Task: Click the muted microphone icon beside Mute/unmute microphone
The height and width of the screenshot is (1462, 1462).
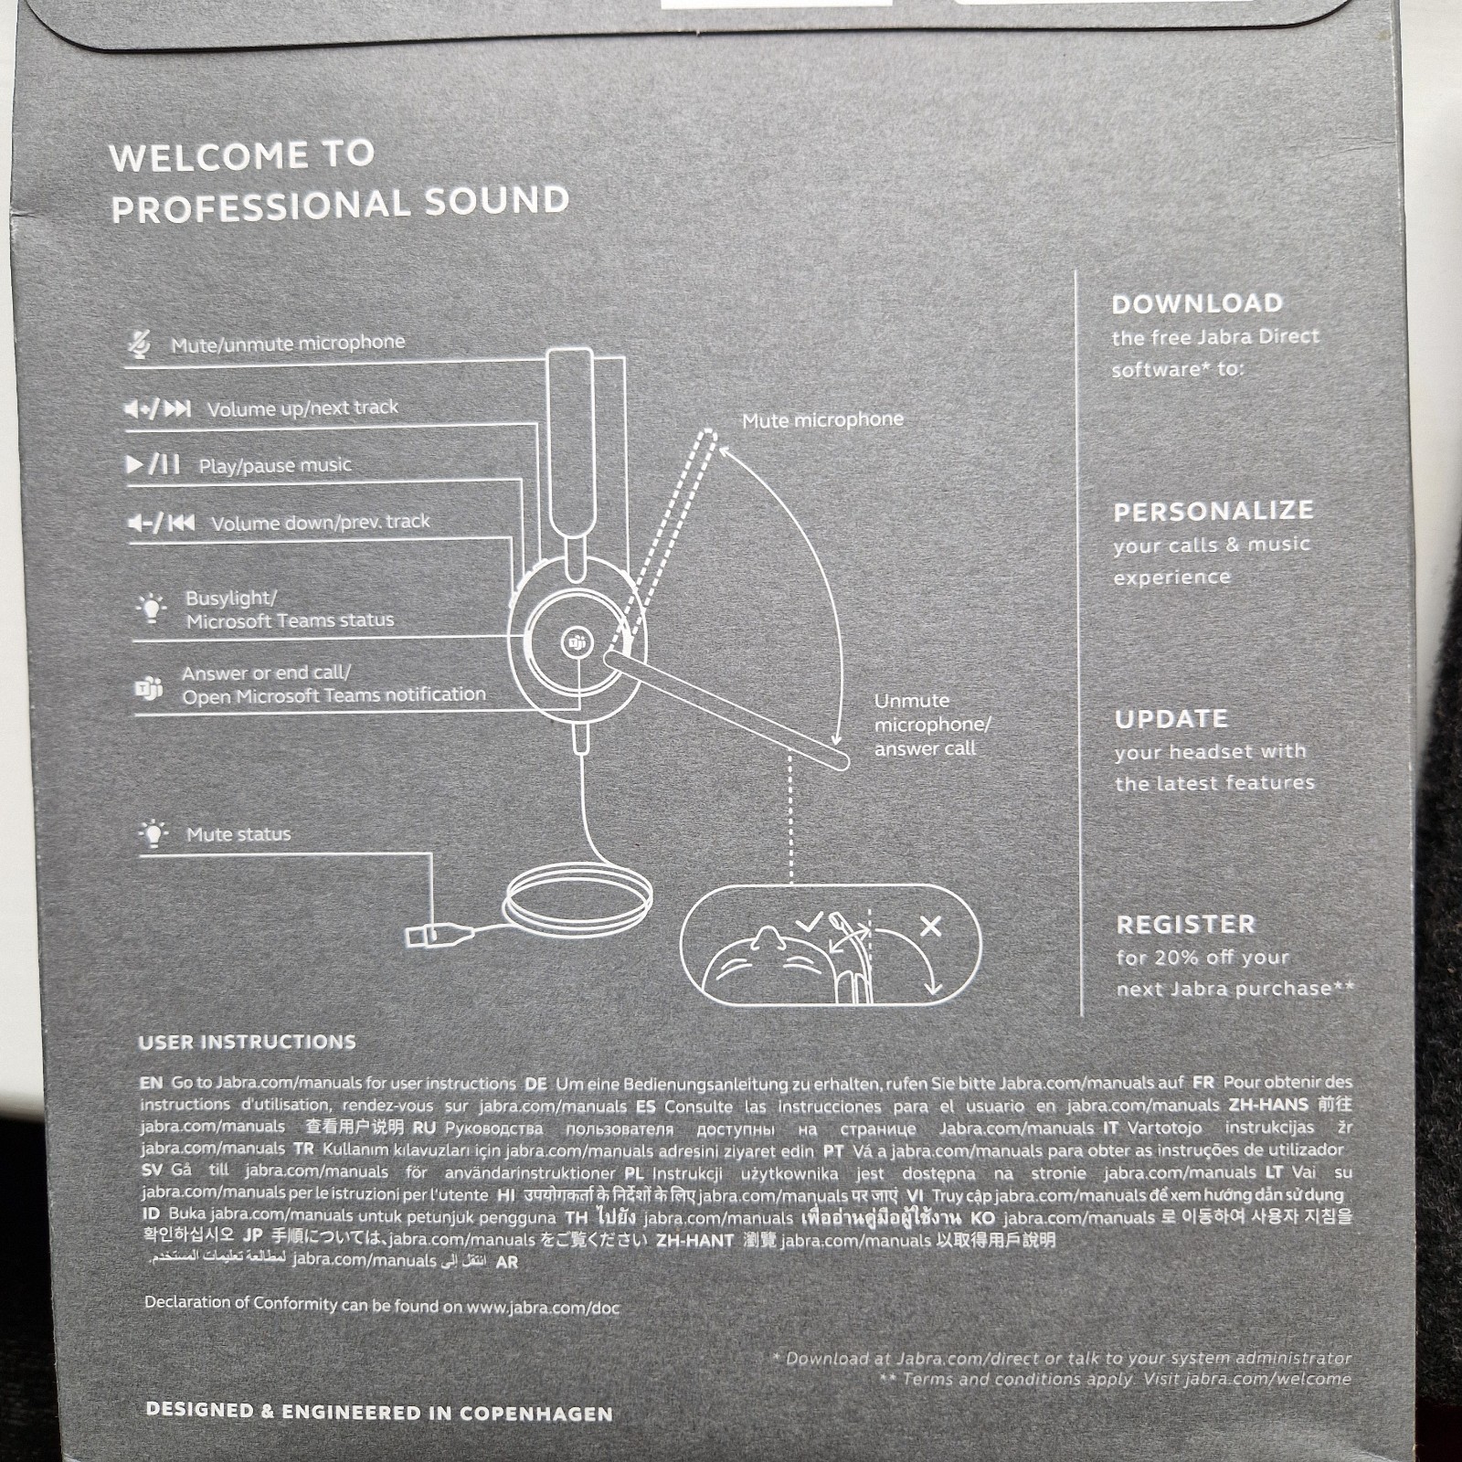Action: pyautogui.click(x=139, y=344)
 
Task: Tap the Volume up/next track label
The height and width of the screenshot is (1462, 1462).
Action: pyautogui.click(x=302, y=408)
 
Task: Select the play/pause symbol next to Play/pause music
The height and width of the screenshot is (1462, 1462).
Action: pyautogui.click(x=153, y=464)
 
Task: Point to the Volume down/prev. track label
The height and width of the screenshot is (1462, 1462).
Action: pyautogui.click(x=320, y=523)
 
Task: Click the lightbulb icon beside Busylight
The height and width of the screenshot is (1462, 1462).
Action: pyautogui.click(x=152, y=608)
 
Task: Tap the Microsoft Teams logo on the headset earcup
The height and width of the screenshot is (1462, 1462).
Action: pyautogui.click(x=577, y=643)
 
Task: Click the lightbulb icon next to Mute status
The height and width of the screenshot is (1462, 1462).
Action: pyautogui.click(x=154, y=833)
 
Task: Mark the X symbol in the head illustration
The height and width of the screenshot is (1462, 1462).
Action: pyautogui.click(x=930, y=927)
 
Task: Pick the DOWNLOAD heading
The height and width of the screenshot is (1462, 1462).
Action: pyautogui.click(x=1197, y=303)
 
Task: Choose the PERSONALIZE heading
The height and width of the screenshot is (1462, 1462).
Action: pyautogui.click(x=1213, y=511)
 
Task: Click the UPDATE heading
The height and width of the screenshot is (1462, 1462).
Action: pyautogui.click(x=1171, y=719)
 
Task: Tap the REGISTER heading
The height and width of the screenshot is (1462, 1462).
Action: pyautogui.click(x=1186, y=925)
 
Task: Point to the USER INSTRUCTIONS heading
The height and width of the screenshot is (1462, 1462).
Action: pyautogui.click(x=248, y=1043)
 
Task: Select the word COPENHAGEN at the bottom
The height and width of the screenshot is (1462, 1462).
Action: pyautogui.click(x=535, y=1414)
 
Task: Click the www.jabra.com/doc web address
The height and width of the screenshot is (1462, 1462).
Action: pyautogui.click(x=543, y=1308)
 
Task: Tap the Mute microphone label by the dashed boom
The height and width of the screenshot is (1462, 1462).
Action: pyautogui.click(x=822, y=420)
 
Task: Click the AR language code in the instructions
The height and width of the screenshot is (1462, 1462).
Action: pyautogui.click(x=506, y=1263)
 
